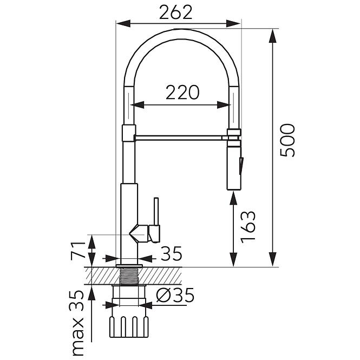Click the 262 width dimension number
pos(175,12)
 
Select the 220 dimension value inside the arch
pos(182,92)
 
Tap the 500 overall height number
pos(287,140)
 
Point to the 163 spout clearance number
pos(248,227)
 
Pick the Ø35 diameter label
pos(175,295)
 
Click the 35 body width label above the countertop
pos(171,254)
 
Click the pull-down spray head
pos(234,166)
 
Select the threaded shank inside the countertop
pos(129,276)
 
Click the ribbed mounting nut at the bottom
pos(129,327)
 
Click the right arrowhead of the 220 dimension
pos(224,105)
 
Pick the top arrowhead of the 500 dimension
pos(272,36)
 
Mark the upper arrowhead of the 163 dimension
pos(233,198)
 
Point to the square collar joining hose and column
pos(129,133)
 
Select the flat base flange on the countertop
pos(129,266)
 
